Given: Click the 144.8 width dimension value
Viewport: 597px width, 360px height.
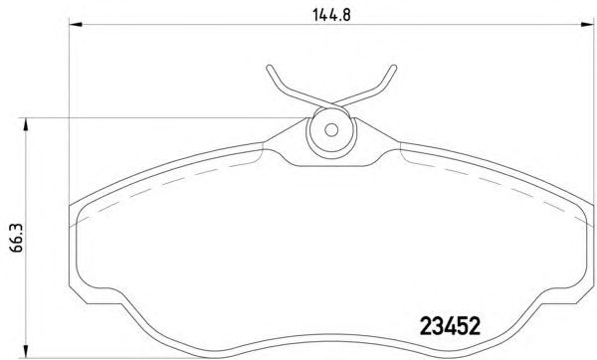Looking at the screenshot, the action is tap(331, 15).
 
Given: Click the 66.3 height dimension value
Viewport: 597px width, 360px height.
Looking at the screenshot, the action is tap(17, 239).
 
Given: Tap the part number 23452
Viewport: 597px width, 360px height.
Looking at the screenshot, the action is tap(450, 326).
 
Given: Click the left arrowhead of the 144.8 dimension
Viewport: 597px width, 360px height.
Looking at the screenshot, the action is tap(76, 25).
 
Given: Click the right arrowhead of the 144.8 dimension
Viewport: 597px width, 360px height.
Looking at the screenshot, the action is tap(587, 25).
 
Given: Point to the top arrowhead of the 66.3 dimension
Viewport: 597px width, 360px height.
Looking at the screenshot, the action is tap(26, 124).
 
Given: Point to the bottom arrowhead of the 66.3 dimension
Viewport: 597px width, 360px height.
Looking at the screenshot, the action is tap(26, 351).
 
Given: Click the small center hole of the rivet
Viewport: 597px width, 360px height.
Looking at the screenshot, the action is tap(331, 130).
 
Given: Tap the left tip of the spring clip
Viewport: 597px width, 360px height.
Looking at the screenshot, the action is tap(269, 68).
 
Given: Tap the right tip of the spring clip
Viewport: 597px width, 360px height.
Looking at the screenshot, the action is tap(394, 68).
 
